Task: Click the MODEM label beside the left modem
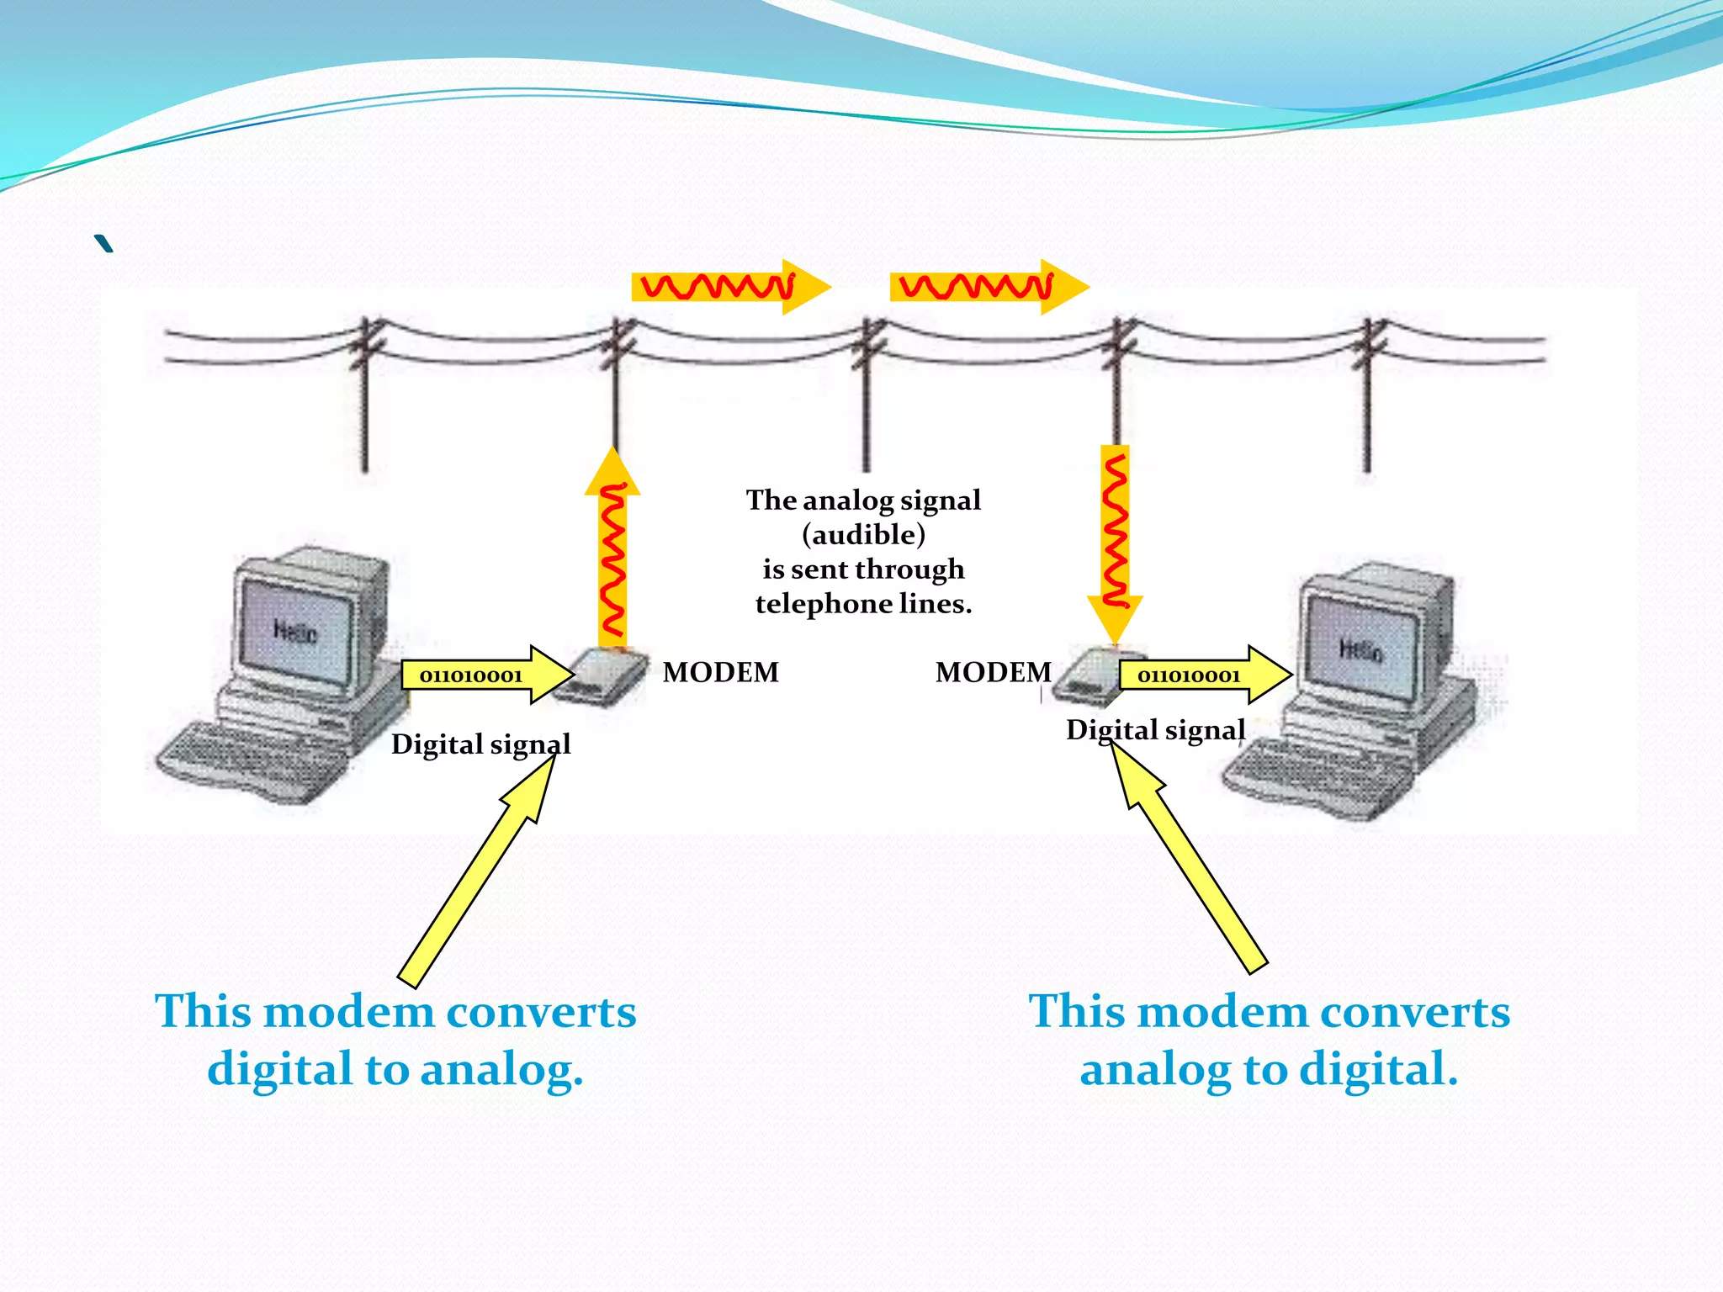click(720, 672)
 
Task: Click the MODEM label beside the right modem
click(993, 672)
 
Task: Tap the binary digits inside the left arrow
click(470, 675)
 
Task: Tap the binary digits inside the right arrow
click(1188, 675)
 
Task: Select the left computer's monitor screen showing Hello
click(294, 630)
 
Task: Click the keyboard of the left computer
click(252, 757)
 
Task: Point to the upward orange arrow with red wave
click(612, 555)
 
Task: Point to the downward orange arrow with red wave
click(1115, 538)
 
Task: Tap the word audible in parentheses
click(863, 534)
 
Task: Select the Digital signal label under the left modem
click(480, 744)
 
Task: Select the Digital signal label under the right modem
click(1155, 729)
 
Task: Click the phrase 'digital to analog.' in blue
click(395, 1069)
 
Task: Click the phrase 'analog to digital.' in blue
click(1269, 1069)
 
